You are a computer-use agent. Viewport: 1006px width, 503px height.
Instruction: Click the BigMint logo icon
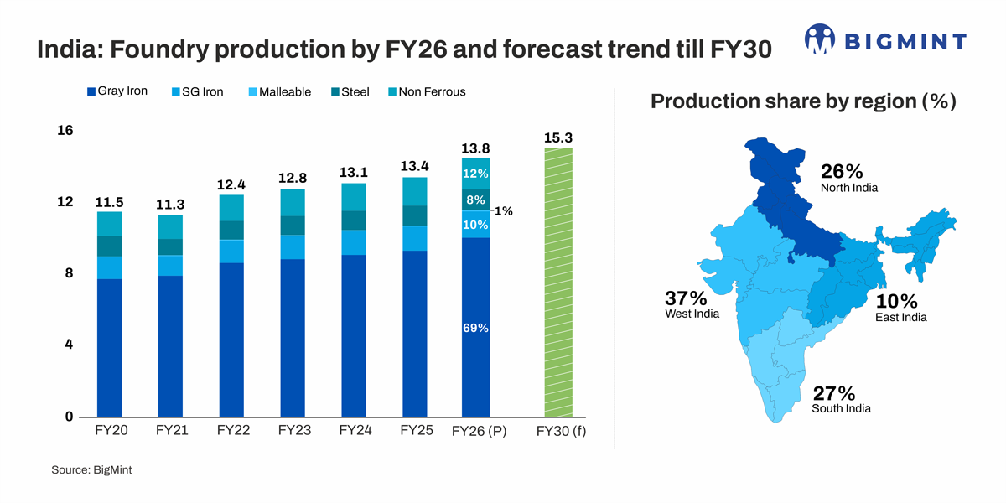tap(820, 39)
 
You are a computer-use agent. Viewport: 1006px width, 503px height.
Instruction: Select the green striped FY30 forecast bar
tap(558, 283)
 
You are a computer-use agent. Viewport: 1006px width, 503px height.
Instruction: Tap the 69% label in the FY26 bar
tap(475, 328)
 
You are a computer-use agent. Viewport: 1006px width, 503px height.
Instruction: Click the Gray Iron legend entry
tap(117, 91)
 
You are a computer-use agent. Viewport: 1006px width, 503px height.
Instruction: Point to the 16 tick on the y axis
tap(65, 131)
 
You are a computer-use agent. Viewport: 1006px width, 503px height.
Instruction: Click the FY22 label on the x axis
tap(234, 431)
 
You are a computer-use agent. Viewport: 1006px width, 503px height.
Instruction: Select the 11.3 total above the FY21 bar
tap(170, 205)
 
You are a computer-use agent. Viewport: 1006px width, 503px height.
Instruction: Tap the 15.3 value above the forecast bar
tap(558, 137)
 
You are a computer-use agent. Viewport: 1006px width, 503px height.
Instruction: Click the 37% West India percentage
tap(686, 298)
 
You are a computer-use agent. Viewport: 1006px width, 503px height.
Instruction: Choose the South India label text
tap(841, 408)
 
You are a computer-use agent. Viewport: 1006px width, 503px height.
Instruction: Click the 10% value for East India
tap(896, 302)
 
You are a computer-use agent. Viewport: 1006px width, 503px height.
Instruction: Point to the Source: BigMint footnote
tap(91, 470)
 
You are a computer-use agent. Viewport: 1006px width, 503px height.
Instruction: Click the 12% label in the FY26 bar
tap(475, 173)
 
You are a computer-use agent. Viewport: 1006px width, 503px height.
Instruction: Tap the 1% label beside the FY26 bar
tap(504, 211)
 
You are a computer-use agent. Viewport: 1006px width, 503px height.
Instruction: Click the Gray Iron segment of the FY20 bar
tap(109, 348)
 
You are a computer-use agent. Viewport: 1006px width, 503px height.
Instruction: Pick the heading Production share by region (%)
tap(803, 101)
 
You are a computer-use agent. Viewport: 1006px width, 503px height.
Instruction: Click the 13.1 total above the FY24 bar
tap(353, 172)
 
